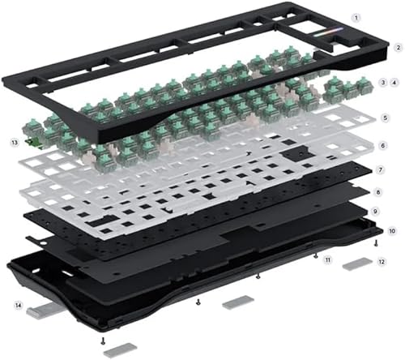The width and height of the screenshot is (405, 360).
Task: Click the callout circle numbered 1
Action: pyautogui.click(x=356, y=18)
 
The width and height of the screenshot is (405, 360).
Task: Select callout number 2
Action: pyautogui.click(x=398, y=48)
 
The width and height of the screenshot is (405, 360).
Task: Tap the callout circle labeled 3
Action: pyautogui.click(x=383, y=83)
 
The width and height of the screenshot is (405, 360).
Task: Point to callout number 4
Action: pyautogui.click(x=394, y=83)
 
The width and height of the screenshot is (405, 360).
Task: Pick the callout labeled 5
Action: pyautogui.click(x=386, y=118)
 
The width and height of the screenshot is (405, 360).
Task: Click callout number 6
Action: pyautogui.click(x=382, y=146)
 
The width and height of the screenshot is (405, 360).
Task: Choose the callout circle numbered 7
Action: pyautogui.click(x=381, y=170)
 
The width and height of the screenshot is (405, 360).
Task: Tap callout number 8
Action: pyautogui.click(x=377, y=192)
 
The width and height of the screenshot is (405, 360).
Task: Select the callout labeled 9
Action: pyautogui.click(x=375, y=212)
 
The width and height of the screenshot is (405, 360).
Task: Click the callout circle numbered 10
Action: pyautogui.click(x=392, y=231)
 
